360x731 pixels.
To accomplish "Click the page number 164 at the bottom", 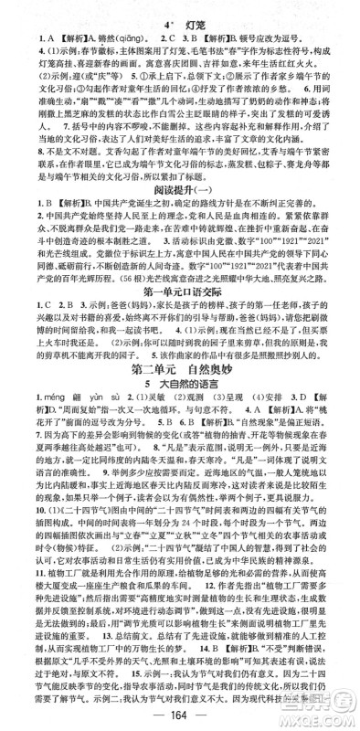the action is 180,714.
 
